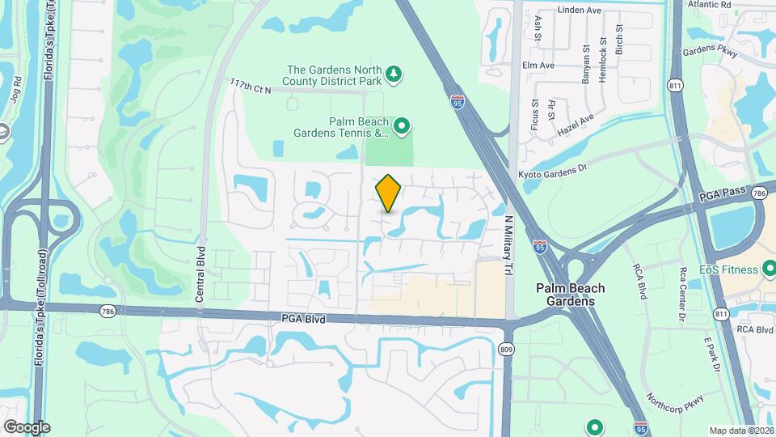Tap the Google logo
click(27, 427)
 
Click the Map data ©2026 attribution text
click(740, 431)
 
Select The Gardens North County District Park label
click(334, 75)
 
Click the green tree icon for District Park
click(394, 74)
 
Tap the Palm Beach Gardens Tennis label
click(359, 127)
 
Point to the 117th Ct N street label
click(250, 85)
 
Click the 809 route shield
click(507, 350)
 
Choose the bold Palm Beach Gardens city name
click(571, 295)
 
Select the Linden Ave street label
click(580, 11)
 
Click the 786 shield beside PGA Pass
click(757, 193)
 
